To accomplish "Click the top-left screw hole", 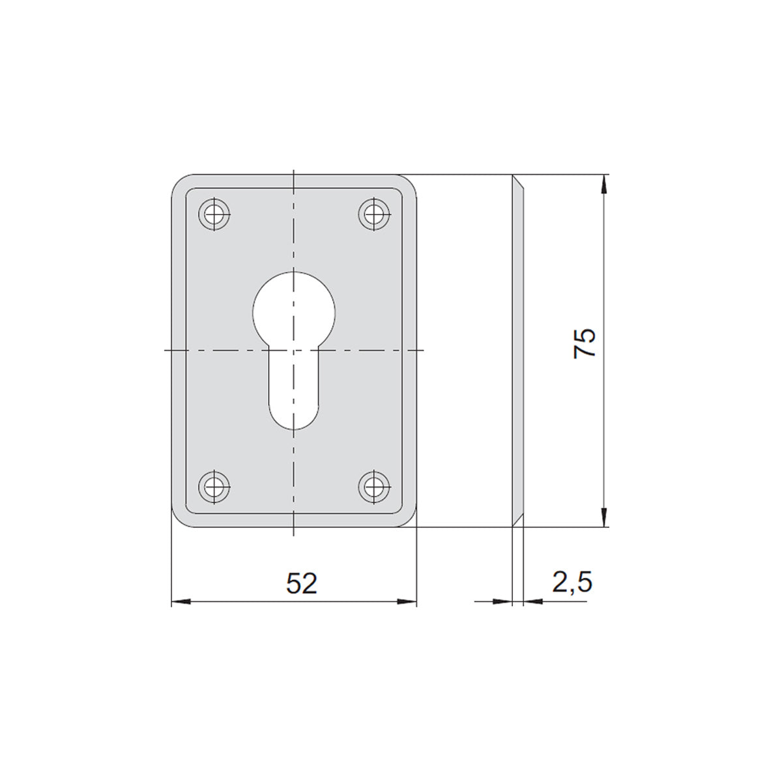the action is pos(214,214).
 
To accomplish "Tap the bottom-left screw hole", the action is pos(214,487).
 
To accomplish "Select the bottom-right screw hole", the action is pos(374,487).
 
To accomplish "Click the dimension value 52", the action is pos(301,583).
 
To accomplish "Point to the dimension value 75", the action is pos(585,343).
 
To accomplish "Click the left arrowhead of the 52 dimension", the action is pos(181,601).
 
